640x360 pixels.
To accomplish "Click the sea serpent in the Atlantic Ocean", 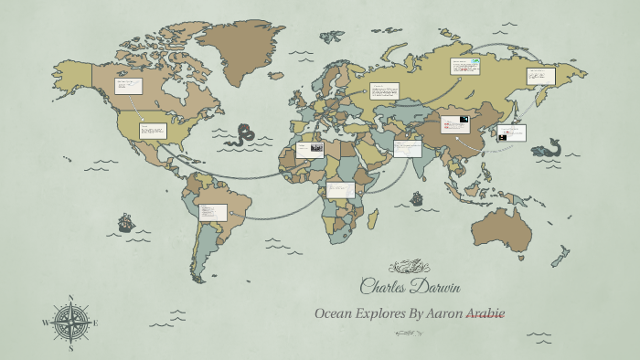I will [x=242, y=135].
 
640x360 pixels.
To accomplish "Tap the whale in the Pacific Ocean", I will [x=549, y=147].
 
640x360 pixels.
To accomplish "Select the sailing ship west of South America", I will [x=125, y=222].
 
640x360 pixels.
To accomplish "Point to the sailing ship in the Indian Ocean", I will [x=417, y=197].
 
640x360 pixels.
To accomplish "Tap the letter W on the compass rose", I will [x=45, y=323].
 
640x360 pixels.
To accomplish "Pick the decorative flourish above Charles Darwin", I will [x=409, y=267].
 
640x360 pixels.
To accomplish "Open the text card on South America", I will [x=212, y=212].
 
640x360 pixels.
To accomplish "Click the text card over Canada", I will [x=128, y=86].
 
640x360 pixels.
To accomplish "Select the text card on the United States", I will [x=152, y=131].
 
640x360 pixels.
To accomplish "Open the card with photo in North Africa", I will [x=309, y=148].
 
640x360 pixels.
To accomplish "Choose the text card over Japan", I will [x=512, y=132].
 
